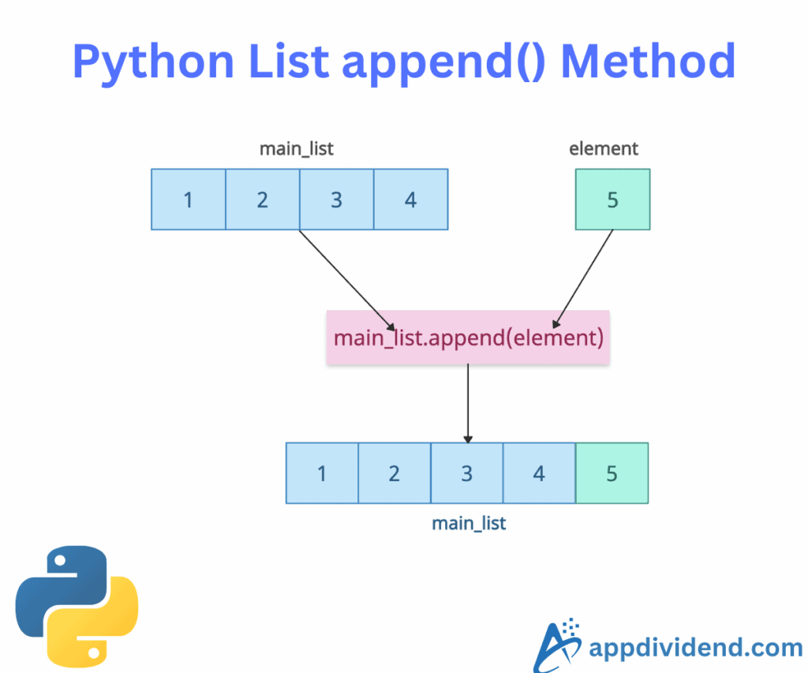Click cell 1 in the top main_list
(189, 200)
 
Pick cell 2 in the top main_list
(263, 200)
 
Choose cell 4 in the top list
(410, 200)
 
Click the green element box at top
(612, 200)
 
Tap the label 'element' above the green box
(604, 148)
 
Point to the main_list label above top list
(297, 148)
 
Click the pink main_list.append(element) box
(468, 338)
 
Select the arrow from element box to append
(584, 278)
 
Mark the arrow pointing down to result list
(468, 402)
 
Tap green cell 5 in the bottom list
(612, 473)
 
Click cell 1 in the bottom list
(322, 473)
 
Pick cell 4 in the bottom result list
(539, 473)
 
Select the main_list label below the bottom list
(469, 522)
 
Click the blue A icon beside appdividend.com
(558, 645)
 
